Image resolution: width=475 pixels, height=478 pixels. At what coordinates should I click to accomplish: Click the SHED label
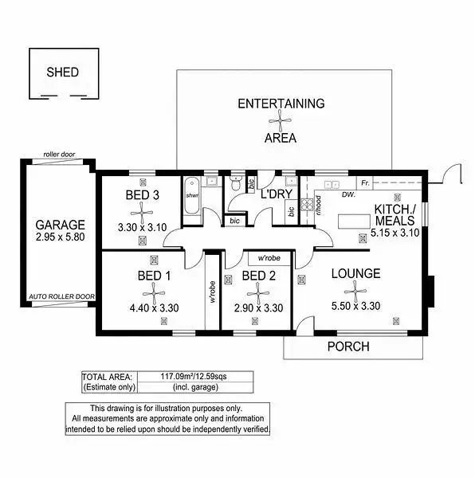click(x=62, y=72)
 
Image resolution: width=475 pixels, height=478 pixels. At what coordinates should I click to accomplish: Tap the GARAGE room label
click(x=60, y=225)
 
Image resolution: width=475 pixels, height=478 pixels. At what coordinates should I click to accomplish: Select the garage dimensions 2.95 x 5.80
click(x=60, y=237)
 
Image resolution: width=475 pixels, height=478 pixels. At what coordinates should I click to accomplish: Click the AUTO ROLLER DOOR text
click(x=61, y=296)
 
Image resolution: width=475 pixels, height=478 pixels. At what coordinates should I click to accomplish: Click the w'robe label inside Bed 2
click(x=269, y=258)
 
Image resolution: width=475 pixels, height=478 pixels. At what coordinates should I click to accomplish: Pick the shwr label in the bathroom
click(x=192, y=195)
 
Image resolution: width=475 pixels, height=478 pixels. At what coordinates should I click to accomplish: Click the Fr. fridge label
click(x=366, y=183)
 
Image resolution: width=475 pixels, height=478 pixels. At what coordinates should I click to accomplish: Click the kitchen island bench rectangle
click(x=354, y=221)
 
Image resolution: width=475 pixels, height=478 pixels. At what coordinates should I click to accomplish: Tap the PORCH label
click(x=348, y=347)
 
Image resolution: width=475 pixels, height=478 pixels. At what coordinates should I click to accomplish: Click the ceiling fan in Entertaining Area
click(x=280, y=120)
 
